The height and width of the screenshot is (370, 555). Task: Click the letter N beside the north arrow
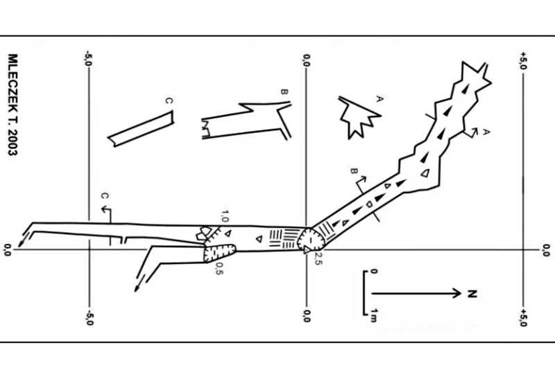472,294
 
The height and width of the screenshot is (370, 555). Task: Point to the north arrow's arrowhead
457,293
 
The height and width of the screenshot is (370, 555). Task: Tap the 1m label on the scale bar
374,315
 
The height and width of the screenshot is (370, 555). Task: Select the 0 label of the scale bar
374,272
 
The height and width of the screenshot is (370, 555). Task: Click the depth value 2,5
318,258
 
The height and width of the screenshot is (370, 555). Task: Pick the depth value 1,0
225,216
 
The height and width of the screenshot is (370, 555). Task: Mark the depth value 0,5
219,268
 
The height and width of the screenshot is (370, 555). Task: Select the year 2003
12,142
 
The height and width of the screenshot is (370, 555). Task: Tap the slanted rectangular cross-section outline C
141,129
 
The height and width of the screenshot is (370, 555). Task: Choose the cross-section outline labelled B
246,121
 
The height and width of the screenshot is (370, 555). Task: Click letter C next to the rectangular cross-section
169,101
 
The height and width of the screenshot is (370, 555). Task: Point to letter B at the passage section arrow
353,171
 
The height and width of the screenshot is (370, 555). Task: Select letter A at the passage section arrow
487,132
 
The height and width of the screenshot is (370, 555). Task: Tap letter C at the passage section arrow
105,196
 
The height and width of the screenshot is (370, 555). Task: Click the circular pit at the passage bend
311,240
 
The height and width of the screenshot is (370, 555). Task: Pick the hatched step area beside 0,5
219,253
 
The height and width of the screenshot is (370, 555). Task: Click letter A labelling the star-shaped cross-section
379,98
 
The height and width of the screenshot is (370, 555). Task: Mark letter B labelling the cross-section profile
284,92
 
